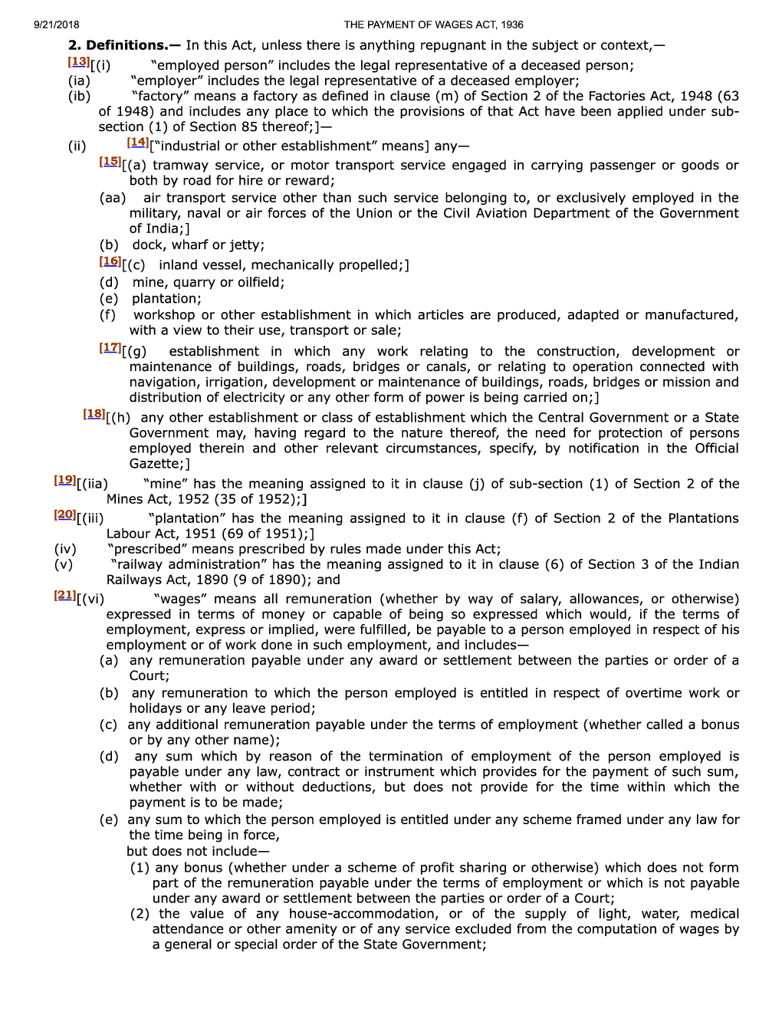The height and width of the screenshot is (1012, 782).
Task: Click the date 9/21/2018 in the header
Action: tap(57, 25)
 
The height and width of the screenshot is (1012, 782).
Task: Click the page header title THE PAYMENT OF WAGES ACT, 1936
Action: tap(433, 25)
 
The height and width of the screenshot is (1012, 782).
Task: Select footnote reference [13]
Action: tap(78, 62)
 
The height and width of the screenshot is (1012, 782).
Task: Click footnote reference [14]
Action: tap(138, 143)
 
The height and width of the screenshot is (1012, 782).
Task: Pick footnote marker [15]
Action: tap(110, 162)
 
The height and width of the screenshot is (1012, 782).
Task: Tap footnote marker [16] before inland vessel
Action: tap(110, 261)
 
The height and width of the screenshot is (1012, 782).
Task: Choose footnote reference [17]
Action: tap(110, 348)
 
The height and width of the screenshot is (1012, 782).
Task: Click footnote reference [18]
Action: tap(94, 414)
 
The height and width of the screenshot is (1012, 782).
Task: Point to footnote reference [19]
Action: tap(65, 481)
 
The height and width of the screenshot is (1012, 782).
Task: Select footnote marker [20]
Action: tap(65, 515)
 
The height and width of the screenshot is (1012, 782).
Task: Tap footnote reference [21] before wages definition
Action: tap(65, 596)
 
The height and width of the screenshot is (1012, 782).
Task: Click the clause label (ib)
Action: tap(79, 96)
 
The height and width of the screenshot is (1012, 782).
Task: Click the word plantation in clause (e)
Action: tap(166, 299)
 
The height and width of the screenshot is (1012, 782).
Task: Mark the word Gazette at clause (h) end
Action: tap(156, 464)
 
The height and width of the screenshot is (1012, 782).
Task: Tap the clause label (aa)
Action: tap(113, 198)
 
